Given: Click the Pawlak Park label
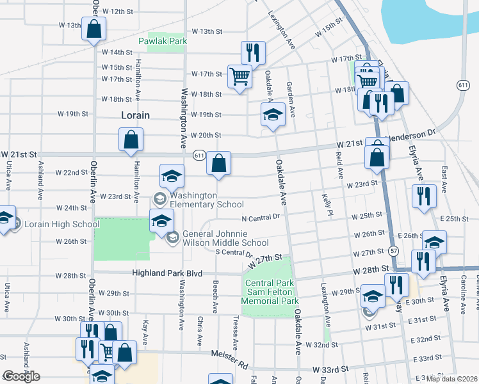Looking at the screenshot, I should pyautogui.click(x=163, y=41).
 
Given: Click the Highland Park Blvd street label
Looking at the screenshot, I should pyautogui.click(x=166, y=273).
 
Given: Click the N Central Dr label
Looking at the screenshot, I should pyautogui.click(x=261, y=217).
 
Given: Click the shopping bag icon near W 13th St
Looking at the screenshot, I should pyautogui.click(x=93, y=29).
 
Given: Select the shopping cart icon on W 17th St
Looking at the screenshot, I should pyautogui.click(x=239, y=76).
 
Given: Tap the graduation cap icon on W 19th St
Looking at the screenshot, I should pyautogui.click(x=273, y=115).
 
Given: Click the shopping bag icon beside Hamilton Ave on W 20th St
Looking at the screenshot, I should pyautogui.click(x=131, y=140).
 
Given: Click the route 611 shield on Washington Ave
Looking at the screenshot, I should pyautogui.click(x=200, y=154).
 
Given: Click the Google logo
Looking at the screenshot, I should pyautogui.click(x=22, y=376).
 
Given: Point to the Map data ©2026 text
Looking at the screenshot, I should pyautogui.click(x=451, y=379).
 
